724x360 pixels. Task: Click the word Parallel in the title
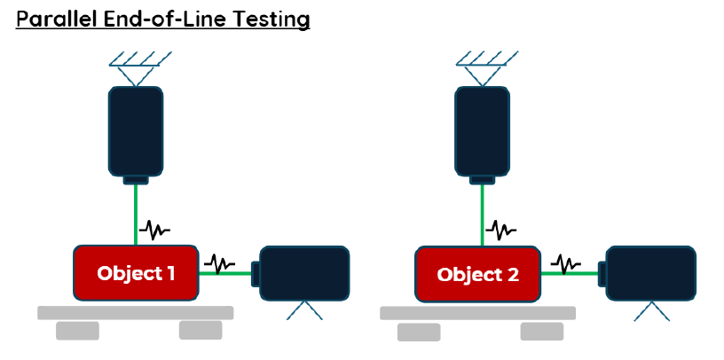pyautogui.click(x=56, y=19)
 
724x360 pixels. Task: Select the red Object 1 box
pyautogui.click(x=136, y=273)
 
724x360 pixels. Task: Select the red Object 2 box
pyautogui.click(x=478, y=274)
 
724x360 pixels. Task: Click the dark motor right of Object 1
pyautogui.click(x=301, y=273)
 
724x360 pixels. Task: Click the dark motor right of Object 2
pyautogui.click(x=647, y=273)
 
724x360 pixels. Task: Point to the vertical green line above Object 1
pyautogui.click(x=136, y=215)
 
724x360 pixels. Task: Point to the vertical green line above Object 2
pyautogui.click(x=482, y=215)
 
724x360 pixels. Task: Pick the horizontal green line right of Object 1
pyautogui.click(x=224, y=273)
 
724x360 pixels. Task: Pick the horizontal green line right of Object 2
pyautogui.click(x=570, y=273)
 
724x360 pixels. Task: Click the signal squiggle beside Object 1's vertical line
pyautogui.click(x=154, y=230)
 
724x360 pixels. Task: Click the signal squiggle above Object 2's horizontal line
pyautogui.click(x=566, y=263)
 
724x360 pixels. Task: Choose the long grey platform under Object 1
pyautogui.click(x=135, y=312)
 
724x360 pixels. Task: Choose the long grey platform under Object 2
pyautogui.click(x=478, y=313)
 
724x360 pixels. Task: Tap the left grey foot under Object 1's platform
pyautogui.click(x=77, y=331)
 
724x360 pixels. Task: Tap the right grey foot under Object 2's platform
pyautogui.click(x=542, y=332)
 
